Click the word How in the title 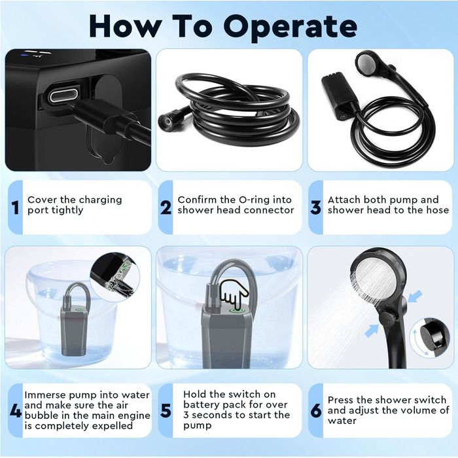(124, 26)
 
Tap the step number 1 (16, 207)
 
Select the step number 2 (166, 207)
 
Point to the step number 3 (316, 207)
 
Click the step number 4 (16, 411)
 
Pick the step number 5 (166, 411)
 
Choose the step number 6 (316, 411)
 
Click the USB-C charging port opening (63, 96)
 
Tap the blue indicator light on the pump (25, 54)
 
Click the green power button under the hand (237, 311)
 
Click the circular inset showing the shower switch (429, 338)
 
